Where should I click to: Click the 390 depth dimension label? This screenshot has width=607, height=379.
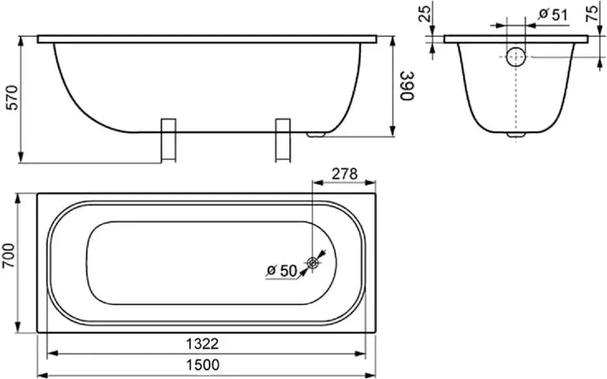click(x=406, y=85)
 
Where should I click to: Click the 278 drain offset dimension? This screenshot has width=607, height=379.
click(x=344, y=174)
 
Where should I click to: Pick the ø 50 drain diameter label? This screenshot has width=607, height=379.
click(x=281, y=271)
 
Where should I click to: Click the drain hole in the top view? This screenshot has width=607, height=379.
click(x=313, y=263)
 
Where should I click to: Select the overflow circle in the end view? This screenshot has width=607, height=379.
click(x=515, y=57)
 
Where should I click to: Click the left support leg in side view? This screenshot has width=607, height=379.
click(x=168, y=139)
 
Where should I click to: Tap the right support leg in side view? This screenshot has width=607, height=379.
click(x=283, y=139)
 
